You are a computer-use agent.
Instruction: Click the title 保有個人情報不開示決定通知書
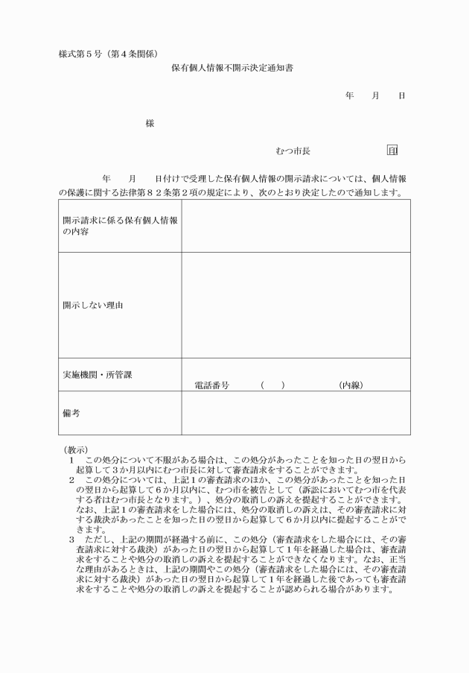[x=234, y=68]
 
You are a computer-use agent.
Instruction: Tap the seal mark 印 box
[x=393, y=151]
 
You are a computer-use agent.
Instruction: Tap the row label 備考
[x=71, y=412]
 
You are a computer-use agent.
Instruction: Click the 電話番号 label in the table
[x=211, y=386]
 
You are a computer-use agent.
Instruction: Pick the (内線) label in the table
[x=350, y=386]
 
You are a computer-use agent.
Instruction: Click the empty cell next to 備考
[x=296, y=413]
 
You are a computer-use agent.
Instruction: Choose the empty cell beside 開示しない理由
[x=296, y=305]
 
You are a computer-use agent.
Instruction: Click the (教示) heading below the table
[x=75, y=449]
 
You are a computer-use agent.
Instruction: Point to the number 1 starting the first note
[x=71, y=460]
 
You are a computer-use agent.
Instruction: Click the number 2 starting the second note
[x=71, y=479]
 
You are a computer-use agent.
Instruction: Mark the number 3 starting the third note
[x=71, y=538]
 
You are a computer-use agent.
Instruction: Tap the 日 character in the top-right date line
[x=401, y=96]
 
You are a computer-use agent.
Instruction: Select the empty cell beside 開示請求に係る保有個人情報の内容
[x=296, y=226]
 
